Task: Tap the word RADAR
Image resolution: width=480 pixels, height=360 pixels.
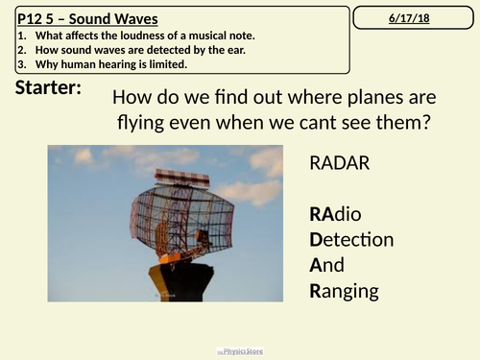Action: (x=337, y=162)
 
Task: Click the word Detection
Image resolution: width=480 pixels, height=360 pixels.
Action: (x=351, y=239)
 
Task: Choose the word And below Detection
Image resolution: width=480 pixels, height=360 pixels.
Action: (x=326, y=265)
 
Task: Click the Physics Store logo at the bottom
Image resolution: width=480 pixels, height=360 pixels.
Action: (x=239, y=350)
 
